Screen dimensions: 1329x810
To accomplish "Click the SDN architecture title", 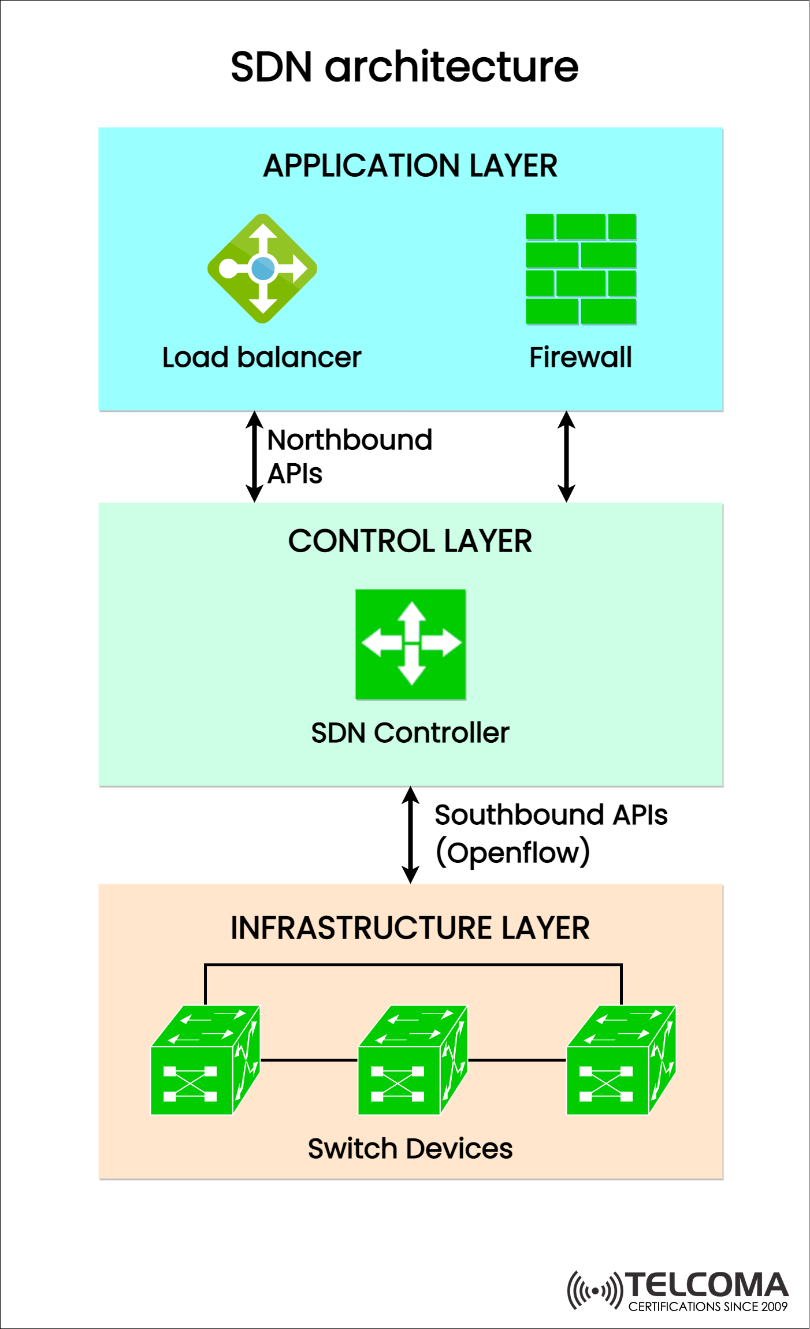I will (404, 67).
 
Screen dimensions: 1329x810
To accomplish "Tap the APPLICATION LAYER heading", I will (410, 166).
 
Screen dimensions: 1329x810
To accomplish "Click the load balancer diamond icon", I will (262, 269).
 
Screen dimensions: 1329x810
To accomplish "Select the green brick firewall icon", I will (581, 269).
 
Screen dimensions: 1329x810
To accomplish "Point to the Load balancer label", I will (261, 358).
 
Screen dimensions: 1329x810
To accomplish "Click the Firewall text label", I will (581, 358).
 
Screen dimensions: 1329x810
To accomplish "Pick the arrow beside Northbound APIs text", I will (254, 456).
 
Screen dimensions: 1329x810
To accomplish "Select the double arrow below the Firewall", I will (566, 456).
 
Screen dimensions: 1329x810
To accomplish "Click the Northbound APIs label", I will (349, 456).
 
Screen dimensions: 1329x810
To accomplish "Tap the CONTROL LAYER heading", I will (410, 541).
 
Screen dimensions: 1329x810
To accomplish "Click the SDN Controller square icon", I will (410, 644).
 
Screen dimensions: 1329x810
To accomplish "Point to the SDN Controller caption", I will (410, 733).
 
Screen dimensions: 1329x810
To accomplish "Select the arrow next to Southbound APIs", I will (410, 835).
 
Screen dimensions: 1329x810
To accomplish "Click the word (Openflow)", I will (512, 853).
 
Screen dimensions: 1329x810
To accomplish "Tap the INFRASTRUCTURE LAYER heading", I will (410, 928).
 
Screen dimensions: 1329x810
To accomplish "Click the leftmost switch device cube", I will (205, 1060).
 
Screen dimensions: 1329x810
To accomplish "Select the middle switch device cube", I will (413, 1060).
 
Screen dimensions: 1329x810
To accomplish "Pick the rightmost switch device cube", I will (620, 1060).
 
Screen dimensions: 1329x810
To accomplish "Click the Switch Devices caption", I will (410, 1148).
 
